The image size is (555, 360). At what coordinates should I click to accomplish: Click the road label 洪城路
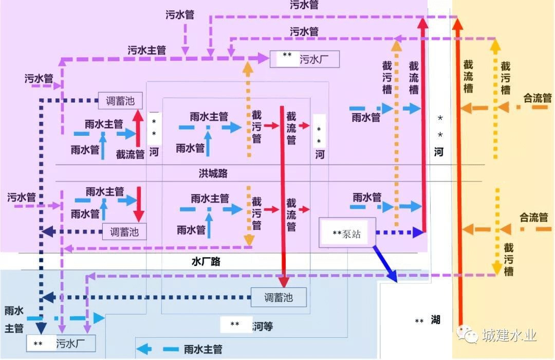tap(213, 173)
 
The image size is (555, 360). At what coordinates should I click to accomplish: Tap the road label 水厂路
tap(206, 261)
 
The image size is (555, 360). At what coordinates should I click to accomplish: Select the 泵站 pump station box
tap(347, 233)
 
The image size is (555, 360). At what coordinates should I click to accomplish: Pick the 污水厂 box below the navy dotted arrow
tap(62, 343)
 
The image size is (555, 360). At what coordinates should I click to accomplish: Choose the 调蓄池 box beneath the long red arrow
tap(279, 297)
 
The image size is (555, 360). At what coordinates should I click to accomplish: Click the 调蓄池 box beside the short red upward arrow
tap(120, 101)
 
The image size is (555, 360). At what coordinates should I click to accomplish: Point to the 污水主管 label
tap(147, 50)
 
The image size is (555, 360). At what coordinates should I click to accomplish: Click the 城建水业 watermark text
tap(509, 336)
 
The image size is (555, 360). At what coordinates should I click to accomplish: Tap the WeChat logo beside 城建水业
tap(468, 335)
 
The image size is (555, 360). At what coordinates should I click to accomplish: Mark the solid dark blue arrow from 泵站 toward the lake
tap(385, 264)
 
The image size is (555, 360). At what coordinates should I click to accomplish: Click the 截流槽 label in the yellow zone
tap(468, 76)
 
